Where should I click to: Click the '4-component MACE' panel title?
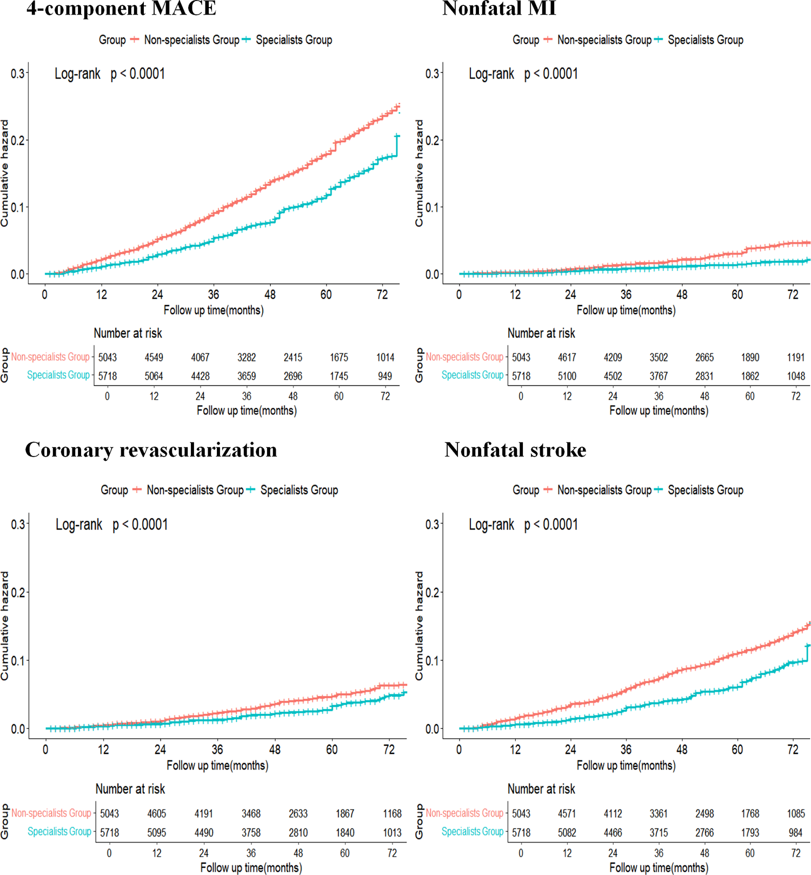[x=121, y=9]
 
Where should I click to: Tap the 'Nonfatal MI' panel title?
[x=499, y=9]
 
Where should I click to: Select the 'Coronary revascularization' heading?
[x=151, y=450]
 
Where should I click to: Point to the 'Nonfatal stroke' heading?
[x=515, y=450]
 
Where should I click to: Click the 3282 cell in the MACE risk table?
[x=247, y=357]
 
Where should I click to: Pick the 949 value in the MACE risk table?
[x=385, y=376]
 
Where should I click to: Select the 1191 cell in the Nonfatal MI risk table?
[x=796, y=357]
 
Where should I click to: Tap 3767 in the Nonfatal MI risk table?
[x=659, y=376]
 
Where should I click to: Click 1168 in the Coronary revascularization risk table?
[x=392, y=813]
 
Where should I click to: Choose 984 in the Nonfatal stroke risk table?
[x=796, y=832]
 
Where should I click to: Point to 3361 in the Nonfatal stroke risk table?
[x=659, y=813]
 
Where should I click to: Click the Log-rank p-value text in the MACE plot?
[x=110, y=74]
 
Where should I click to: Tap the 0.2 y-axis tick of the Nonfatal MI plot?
[x=432, y=140]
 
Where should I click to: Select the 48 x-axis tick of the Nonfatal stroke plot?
[x=682, y=750]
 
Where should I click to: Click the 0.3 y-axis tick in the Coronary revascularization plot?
[x=18, y=524]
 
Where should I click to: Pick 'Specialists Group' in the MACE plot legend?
[x=294, y=40]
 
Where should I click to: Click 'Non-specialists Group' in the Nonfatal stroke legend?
[x=604, y=490]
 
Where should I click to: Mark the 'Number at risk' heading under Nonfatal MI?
[x=541, y=333]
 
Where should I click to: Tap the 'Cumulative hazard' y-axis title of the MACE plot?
[x=5, y=173]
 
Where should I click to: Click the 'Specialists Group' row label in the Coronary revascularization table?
[x=59, y=831]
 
